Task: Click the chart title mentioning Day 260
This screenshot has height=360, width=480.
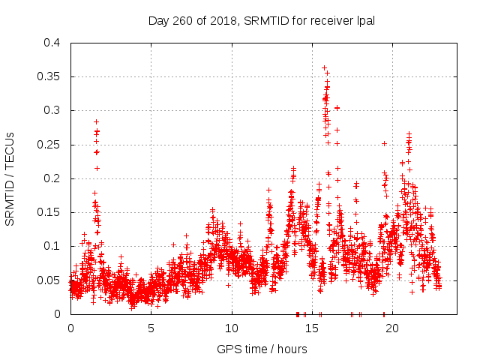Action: pos(261,19)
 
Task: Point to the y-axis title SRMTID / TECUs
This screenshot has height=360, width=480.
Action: pos(10,178)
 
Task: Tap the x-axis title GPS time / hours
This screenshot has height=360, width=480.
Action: pos(261,349)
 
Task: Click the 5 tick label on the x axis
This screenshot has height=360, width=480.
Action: pos(151,328)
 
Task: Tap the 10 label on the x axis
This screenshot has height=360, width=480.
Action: pos(232,328)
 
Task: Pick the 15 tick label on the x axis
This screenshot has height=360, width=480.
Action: pos(312,328)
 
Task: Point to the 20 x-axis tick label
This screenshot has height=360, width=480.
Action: pos(392,328)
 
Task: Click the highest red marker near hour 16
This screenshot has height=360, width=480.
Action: pos(324,67)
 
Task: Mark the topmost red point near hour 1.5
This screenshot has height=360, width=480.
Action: pos(96,121)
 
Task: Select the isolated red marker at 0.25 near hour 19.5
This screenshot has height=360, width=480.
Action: pos(384,143)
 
